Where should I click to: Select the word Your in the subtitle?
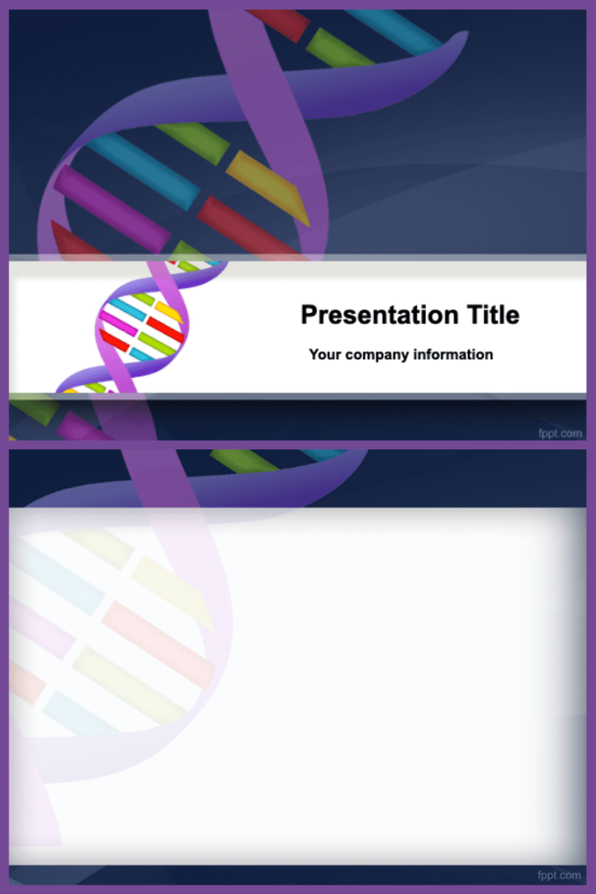tap(325, 355)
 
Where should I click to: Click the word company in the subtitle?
tap(377, 355)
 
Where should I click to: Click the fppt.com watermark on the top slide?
tap(560, 433)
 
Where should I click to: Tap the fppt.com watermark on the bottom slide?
tap(560, 875)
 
